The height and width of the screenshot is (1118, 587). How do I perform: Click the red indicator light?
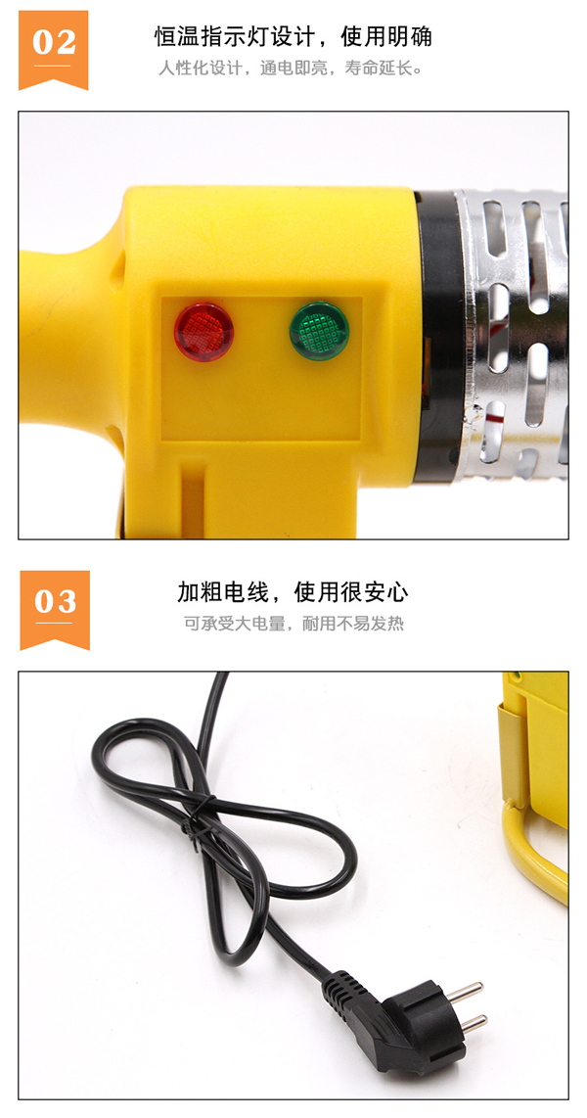click(203, 332)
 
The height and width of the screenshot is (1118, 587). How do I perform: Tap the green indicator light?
click(318, 331)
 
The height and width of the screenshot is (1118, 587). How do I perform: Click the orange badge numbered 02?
click(54, 50)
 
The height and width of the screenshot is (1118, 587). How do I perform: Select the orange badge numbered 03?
click(55, 610)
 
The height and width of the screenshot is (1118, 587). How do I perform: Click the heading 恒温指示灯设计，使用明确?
click(293, 36)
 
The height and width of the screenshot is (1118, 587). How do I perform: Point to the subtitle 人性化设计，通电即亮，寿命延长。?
click(292, 70)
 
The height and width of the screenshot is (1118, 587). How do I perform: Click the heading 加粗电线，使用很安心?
click(293, 592)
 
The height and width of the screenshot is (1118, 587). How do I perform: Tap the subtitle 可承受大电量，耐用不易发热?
click(293, 624)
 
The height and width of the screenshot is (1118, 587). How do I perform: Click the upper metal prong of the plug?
click(467, 990)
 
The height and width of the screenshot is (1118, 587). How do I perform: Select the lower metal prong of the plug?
click(472, 1022)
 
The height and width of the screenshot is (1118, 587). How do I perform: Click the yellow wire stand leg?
click(534, 849)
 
